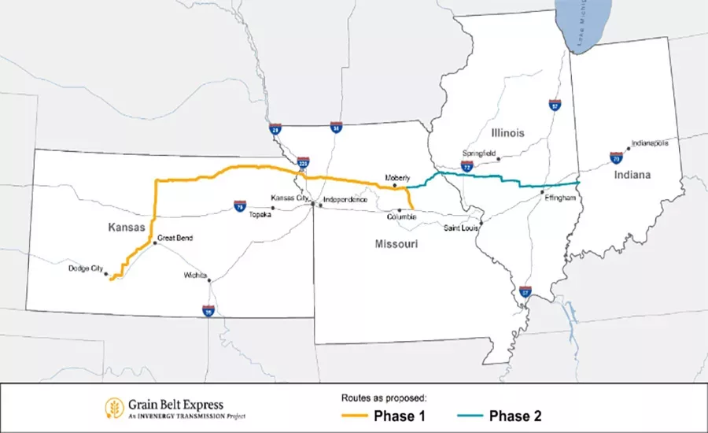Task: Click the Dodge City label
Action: point(85,268)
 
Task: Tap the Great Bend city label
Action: point(175,237)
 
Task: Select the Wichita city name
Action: point(194,276)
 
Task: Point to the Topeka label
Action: point(259,214)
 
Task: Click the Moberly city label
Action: point(398,178)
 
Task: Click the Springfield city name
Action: point(479,154)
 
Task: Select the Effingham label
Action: point(560,198)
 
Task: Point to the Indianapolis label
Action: point(649,143)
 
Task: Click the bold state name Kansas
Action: point(127,227)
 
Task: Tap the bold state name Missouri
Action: point(396,245)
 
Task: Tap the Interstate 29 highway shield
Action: point(275,128)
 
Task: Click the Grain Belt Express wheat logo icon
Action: point(113,407)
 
